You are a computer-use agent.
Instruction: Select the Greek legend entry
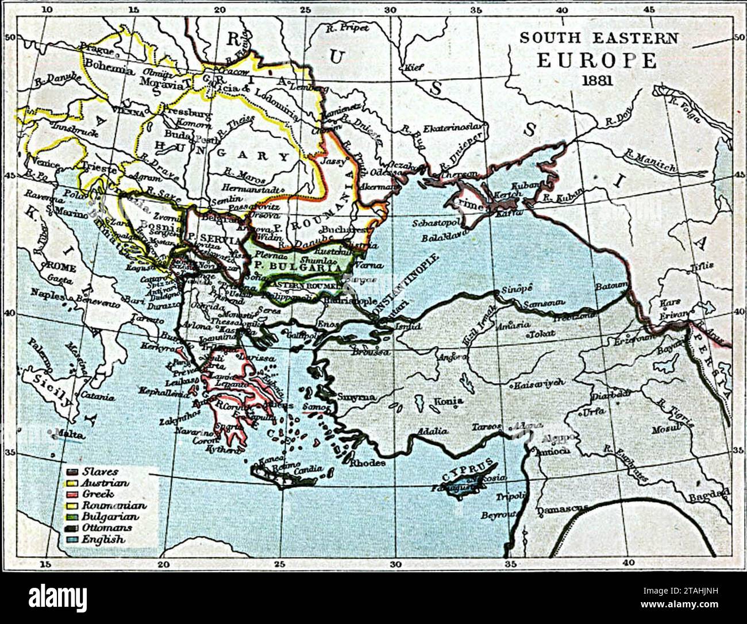pyautogui.click(x=98, y=494)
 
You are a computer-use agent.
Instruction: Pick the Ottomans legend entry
pyautogui.click(x=106, y=528)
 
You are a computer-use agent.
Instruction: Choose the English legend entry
pyautogui.click(x=103, y=540)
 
